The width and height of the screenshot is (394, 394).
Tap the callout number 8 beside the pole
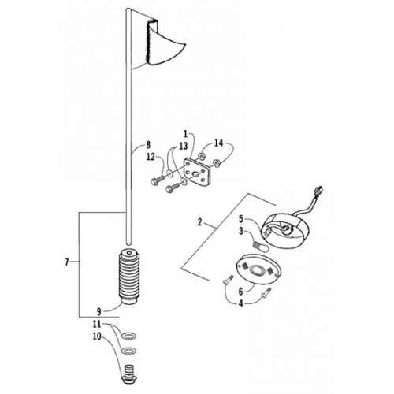point(147,145)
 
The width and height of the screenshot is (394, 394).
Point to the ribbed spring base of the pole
point(127,279)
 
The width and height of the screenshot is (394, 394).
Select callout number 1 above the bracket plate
point(185,135)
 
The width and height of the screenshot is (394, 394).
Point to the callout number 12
point(149,157)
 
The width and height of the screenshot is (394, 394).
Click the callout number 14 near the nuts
point(220,143)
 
